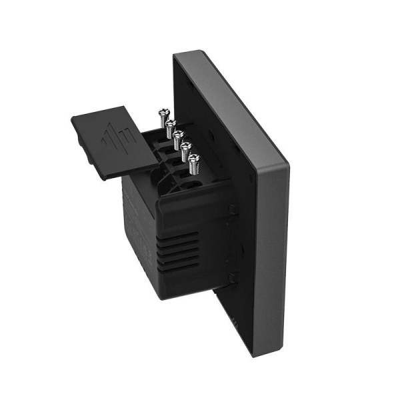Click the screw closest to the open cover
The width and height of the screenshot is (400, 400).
163,115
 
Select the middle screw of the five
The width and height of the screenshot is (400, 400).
179,136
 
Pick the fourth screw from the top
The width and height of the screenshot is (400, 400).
186,147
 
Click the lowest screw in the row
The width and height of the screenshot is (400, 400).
194,159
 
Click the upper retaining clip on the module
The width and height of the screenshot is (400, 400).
231,211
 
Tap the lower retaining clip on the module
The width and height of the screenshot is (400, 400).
231,278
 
